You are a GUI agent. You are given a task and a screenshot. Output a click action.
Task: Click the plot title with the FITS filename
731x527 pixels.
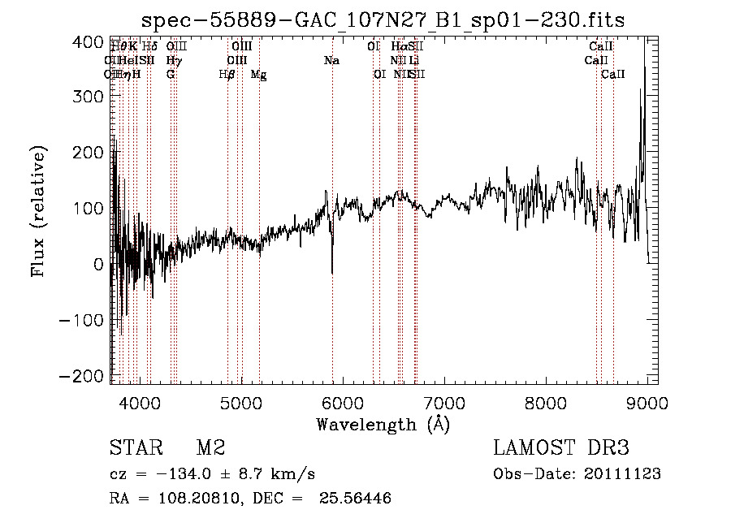click(x=383, y=20)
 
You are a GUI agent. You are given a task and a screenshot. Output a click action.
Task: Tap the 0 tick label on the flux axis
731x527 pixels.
click(x=98, y=264)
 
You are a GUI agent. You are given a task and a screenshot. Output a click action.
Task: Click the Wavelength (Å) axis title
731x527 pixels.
click(x=383, y=424)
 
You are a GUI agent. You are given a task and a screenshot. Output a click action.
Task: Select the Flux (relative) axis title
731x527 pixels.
click(x=38, y=211)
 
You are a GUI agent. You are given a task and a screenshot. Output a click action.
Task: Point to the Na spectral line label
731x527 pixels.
click(x=331, y=61)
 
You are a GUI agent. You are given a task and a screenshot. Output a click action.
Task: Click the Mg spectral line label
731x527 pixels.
click(x=258, y=75)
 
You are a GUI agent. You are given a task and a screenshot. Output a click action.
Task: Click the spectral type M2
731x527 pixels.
click(x=210, y=448)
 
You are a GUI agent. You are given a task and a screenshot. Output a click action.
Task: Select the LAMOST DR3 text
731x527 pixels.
click(x=561, y=448)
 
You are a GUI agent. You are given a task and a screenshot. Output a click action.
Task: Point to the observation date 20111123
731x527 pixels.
click(x=625, y=474)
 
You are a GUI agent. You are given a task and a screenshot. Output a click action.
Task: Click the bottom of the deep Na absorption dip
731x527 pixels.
click(x=332, y=272)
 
